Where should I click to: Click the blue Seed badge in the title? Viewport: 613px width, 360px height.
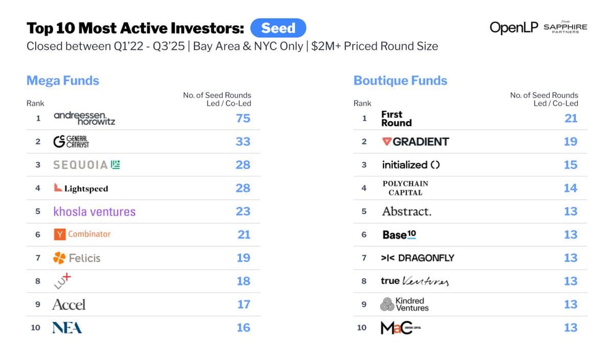click(278, 28)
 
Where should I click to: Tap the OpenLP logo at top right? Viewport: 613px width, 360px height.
click(513, 28)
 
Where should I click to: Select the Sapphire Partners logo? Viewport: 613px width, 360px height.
click(565, 28)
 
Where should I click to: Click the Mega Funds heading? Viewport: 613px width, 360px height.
click(63, 81)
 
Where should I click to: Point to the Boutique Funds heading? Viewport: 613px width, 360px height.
click(400, 81)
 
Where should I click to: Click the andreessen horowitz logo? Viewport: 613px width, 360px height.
click(84, 118)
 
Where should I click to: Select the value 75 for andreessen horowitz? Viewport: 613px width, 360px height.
click(243, 118)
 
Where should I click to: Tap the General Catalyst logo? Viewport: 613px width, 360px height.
click(72, 141)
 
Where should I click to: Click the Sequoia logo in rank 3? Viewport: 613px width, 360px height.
click(86, 165)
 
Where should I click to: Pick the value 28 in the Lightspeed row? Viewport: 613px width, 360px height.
click(243, 188)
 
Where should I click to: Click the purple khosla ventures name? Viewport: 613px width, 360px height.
click(95, 211)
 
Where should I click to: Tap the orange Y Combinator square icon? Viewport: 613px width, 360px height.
click(59, 234)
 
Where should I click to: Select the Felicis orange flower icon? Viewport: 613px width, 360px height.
click(59, 258)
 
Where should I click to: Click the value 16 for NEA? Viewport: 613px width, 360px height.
click(243, 327)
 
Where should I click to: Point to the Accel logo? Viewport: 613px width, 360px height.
click(69, 305)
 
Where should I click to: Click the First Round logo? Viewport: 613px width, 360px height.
click(396, 118)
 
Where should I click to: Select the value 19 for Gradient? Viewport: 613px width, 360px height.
click(571, 141)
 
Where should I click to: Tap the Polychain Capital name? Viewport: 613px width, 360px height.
click(405, 188)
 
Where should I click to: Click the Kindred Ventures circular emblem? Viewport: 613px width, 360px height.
click(387, 305)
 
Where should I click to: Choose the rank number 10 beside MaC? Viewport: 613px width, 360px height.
click(362, 327)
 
